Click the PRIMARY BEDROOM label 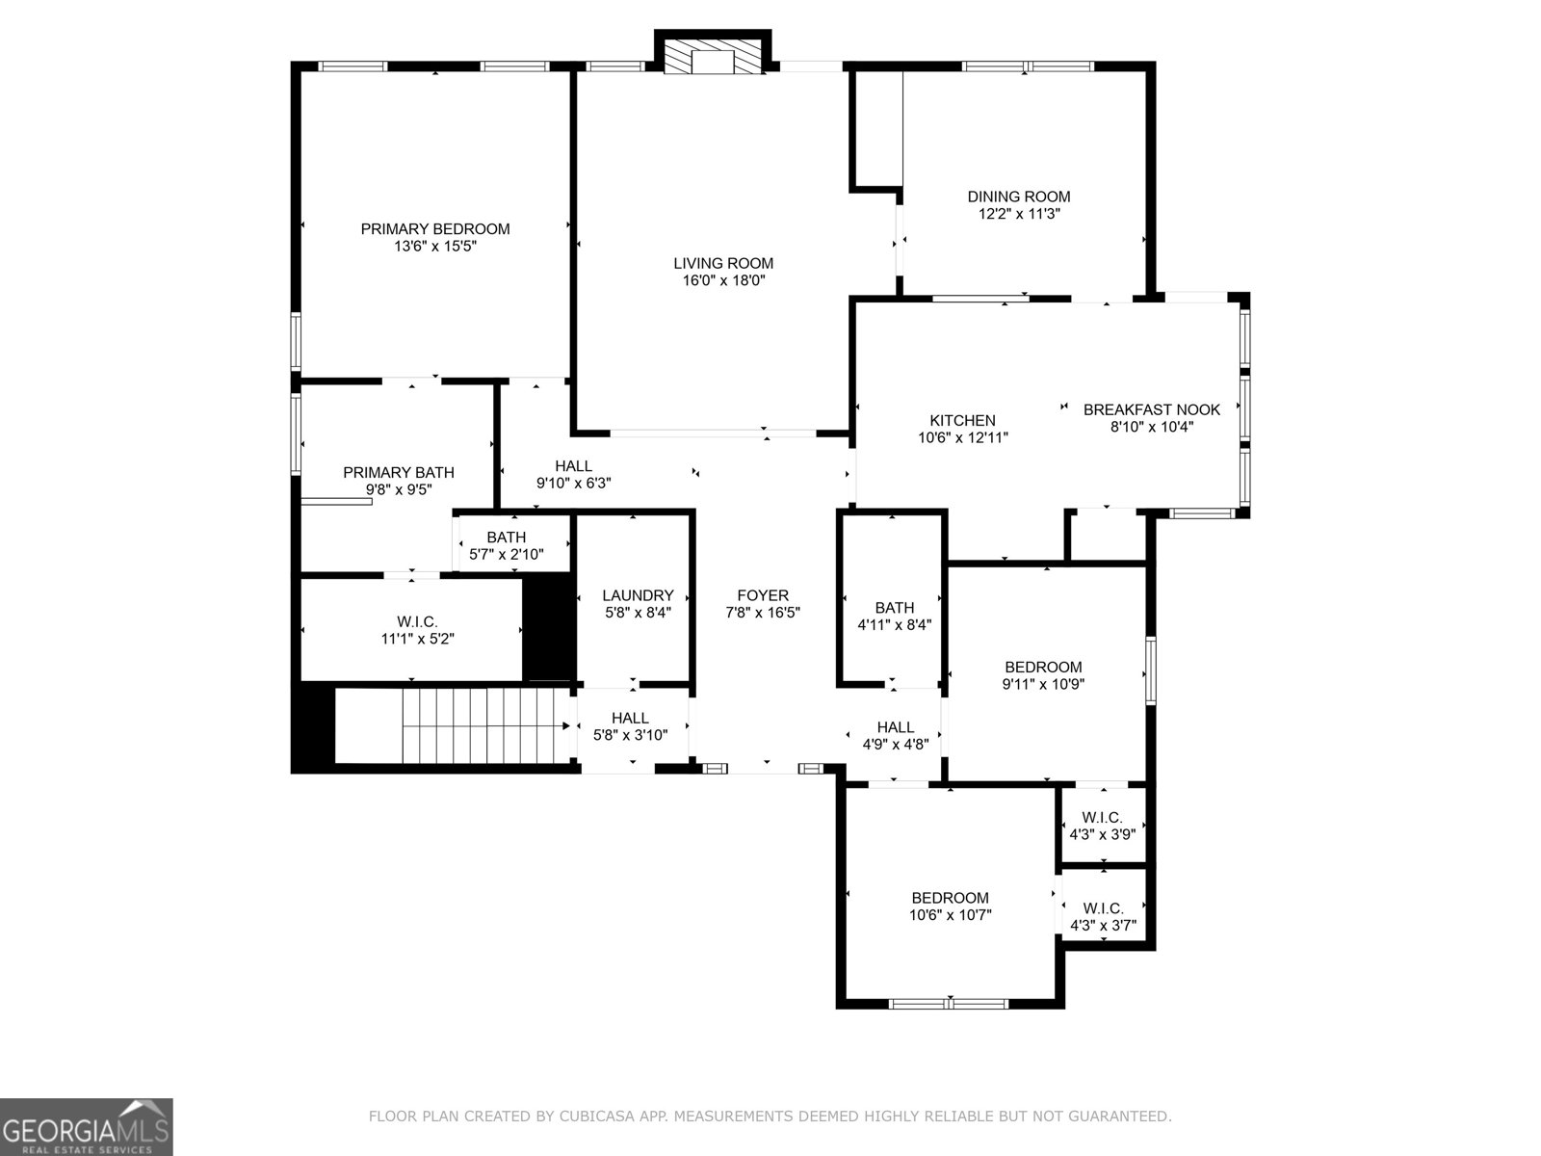pos(434,229)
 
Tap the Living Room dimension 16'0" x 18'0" pos(723,280)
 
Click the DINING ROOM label pos(1018,197)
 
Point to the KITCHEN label pos(962,421)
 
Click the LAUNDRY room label pos(638,595)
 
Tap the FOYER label pos(763,595)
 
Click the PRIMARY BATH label pos(399,472)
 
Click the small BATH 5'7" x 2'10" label pos(507,538)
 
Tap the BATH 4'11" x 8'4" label pos(894,608)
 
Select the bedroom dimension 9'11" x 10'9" pos(1043,684)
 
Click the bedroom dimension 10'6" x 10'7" pos(950,915)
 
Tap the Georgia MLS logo pos(86,1127)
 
